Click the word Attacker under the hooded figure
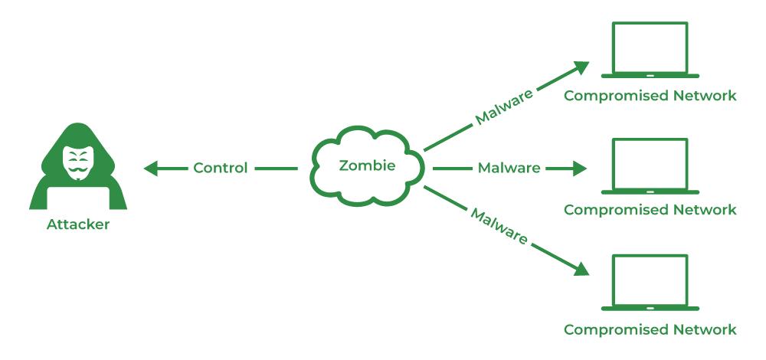click(x=78, y=224)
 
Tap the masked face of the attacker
click(x=78, y=162)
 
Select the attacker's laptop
click(x=78, y=198)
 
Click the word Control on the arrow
click(x=221, y=168)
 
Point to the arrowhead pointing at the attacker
click(x=150, y=169)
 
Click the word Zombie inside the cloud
click(x=367, y=165)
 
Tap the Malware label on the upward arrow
click(x=504, y=107)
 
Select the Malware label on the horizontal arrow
click(x=509, y=168)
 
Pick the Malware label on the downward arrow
click(x=499, y=226)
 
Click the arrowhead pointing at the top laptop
click(x=582, y=67)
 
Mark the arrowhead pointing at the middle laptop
click(x=580, y=169)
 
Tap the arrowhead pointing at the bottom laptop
click(x=582, y=269)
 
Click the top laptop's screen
click(x=650, y=47)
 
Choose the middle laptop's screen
click(x=650, y=164)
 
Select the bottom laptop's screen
click(x=650, y=280)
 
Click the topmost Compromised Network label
click(x=650, y=96)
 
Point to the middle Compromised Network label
click(x=650, y=210)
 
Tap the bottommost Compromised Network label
click(x=650, y=329)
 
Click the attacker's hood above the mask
click(x=78, y=133)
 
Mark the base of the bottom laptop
click(x=650, y=309)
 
